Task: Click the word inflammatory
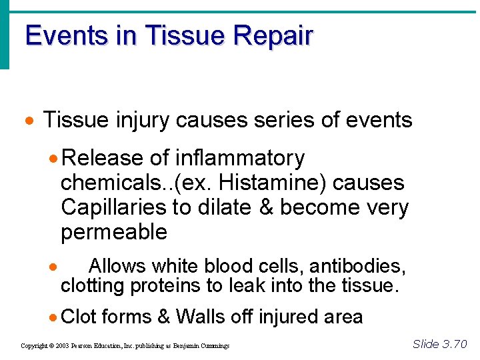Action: [239, 159]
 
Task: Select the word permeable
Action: [114, 233]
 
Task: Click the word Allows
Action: [117, 267]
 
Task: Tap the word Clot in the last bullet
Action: [79, 317]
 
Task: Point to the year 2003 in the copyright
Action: [62, 346]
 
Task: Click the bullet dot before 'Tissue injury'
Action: [28, 122]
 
